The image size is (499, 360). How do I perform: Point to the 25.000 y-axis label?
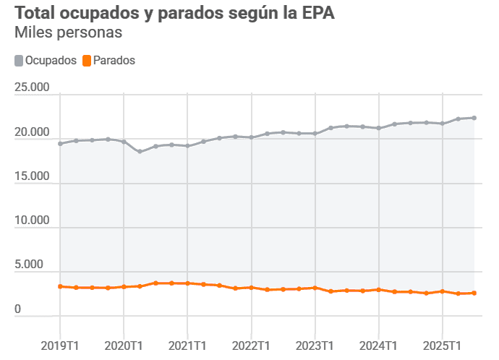pyautogui.click(x=32, y=87)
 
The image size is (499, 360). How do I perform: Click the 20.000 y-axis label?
pyautogui.click(x=32, y=133)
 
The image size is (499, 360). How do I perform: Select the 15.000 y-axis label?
pyautogui.click(x=32, y=176)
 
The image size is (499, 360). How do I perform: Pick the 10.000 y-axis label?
pyautogui.click(x=32, y=220)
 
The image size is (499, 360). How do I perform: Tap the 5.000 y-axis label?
pyautogui.click(x=35, y=265)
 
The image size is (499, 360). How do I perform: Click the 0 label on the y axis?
pyautogui.click(x=17, y=309)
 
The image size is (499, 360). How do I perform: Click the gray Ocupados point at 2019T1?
pyautogui.click(x=60, y=143)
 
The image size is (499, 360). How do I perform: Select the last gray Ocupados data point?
pyautogui.click(x=474, y=118)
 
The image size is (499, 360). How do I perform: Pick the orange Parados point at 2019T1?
pyautogui.click(x=60, y=286)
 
